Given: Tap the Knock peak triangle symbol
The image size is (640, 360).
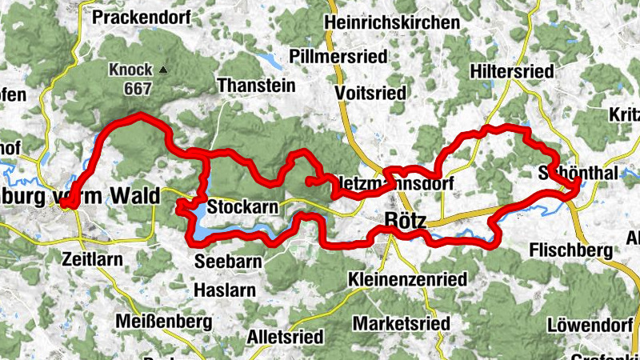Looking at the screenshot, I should (x=163, y=70).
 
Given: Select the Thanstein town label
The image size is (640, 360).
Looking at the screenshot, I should (x=256, y=83).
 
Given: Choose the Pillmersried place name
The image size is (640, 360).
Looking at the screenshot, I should (x=339, y=57).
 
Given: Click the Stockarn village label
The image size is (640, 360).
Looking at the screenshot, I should (x=242, y=207).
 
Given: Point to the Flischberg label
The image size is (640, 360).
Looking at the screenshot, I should (x=570, y=251).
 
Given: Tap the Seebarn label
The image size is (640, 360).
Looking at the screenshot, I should (x=228, y=262).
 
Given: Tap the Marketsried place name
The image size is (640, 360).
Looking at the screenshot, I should (x=401, y=322).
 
